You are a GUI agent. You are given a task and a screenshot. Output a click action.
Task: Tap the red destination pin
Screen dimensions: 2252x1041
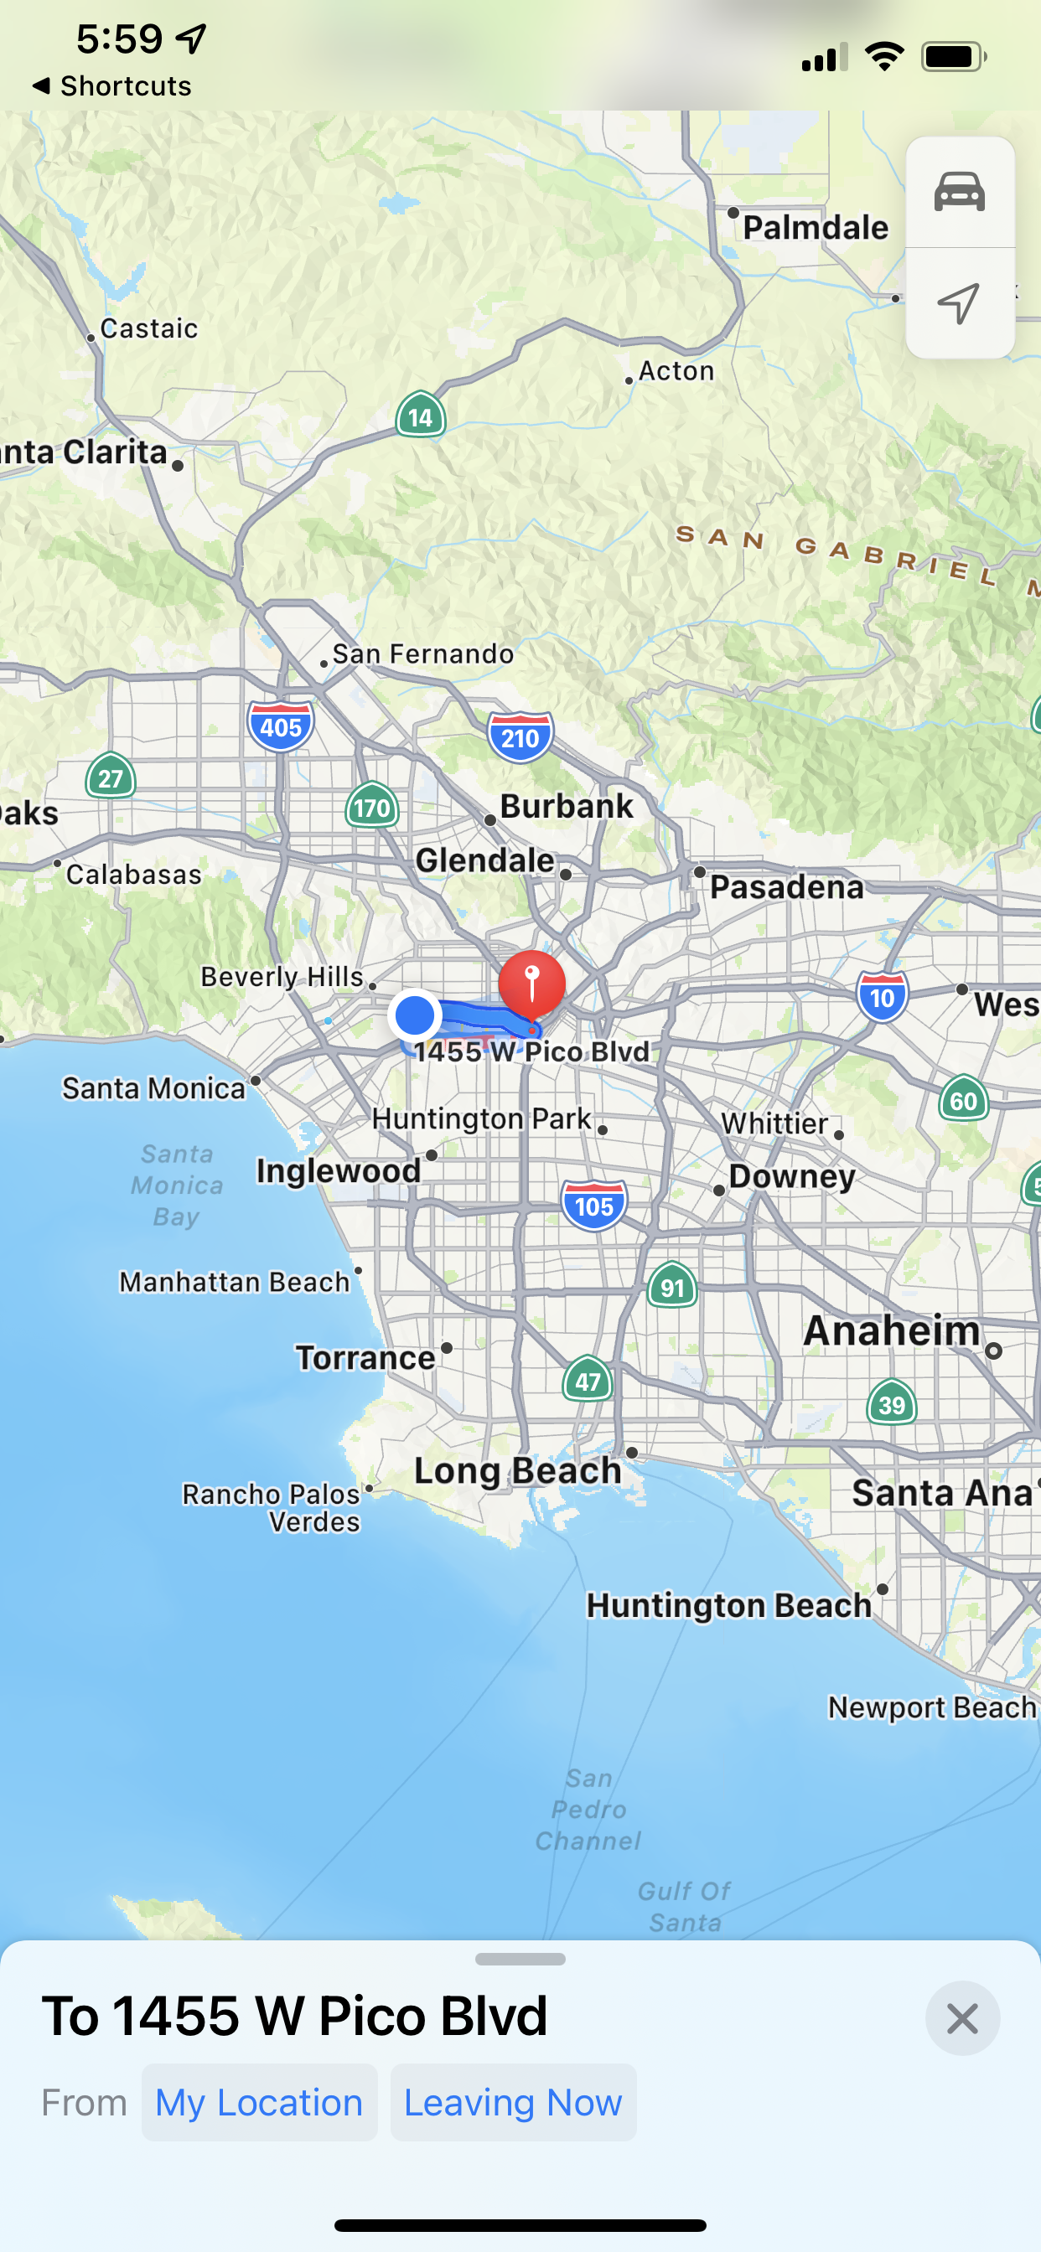(532, 983)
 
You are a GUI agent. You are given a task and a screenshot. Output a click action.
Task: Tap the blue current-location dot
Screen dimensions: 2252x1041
(415, 1015)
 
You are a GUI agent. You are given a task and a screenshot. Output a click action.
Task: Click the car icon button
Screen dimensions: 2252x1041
(960, 193)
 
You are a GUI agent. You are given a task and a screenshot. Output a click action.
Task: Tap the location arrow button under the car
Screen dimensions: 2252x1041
(960, 303)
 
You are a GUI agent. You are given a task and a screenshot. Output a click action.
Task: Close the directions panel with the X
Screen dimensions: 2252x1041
(962, 2018)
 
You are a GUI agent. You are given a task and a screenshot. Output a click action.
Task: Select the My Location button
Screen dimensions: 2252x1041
(259, 2103)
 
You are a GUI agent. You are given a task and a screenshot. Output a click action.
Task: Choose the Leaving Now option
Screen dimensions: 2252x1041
(513, 2103)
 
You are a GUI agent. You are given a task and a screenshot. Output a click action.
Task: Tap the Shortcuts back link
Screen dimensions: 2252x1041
(112, 85)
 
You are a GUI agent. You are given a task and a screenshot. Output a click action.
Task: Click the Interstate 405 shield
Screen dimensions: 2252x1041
(281, 726)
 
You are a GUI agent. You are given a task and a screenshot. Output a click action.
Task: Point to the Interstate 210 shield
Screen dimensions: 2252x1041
(520, 738)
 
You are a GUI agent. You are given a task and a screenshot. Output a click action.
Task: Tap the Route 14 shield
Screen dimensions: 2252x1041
(421, 416)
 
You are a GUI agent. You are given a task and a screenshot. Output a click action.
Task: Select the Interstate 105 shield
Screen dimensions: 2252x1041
(594, 1206)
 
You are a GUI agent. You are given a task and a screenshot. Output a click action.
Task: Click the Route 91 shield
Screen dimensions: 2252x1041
(672, 1287)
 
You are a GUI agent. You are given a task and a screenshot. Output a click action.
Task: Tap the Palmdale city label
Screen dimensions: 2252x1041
(816, 227)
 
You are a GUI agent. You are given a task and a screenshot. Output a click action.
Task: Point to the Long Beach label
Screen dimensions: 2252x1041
(517, 1470)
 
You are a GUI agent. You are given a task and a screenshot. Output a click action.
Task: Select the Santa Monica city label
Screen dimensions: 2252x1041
(154, 1088)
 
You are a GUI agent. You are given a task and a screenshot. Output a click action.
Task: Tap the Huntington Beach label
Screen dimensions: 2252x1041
(728, 1605)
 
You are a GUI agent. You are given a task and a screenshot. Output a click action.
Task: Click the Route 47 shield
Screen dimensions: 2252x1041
(587, 1381)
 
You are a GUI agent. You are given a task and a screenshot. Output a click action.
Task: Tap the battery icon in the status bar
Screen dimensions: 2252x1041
(953, 57)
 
